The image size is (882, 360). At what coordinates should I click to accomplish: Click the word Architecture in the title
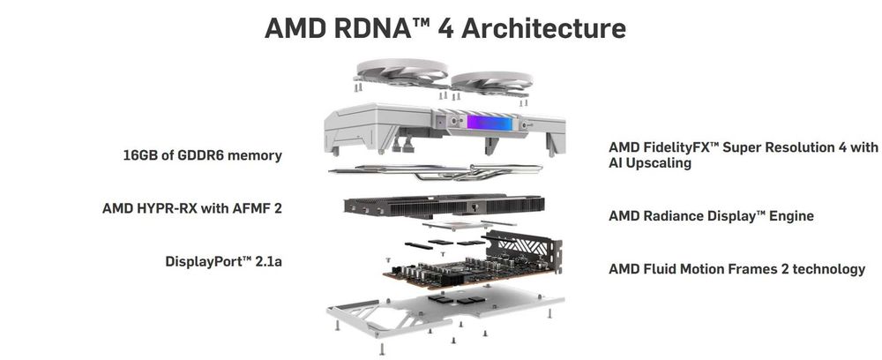543,28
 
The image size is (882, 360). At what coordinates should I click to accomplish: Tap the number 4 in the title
445,28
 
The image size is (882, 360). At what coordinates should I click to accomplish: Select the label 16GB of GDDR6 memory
203,155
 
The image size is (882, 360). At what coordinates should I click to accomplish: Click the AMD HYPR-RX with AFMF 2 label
191,208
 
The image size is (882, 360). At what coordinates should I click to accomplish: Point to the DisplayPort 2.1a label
223,261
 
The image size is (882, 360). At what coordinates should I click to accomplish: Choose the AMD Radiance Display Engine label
711,216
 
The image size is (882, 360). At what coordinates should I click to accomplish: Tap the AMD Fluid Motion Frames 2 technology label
736,269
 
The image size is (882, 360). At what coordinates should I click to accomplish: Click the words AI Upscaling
650,164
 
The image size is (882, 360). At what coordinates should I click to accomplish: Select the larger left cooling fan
402,73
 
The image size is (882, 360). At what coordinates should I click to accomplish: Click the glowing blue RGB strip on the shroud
490,122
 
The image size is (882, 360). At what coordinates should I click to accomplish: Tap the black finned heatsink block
444,206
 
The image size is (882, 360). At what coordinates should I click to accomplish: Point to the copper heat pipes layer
436,170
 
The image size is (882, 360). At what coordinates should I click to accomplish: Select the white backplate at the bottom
445,311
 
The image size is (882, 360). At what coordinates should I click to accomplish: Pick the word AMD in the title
295,28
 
